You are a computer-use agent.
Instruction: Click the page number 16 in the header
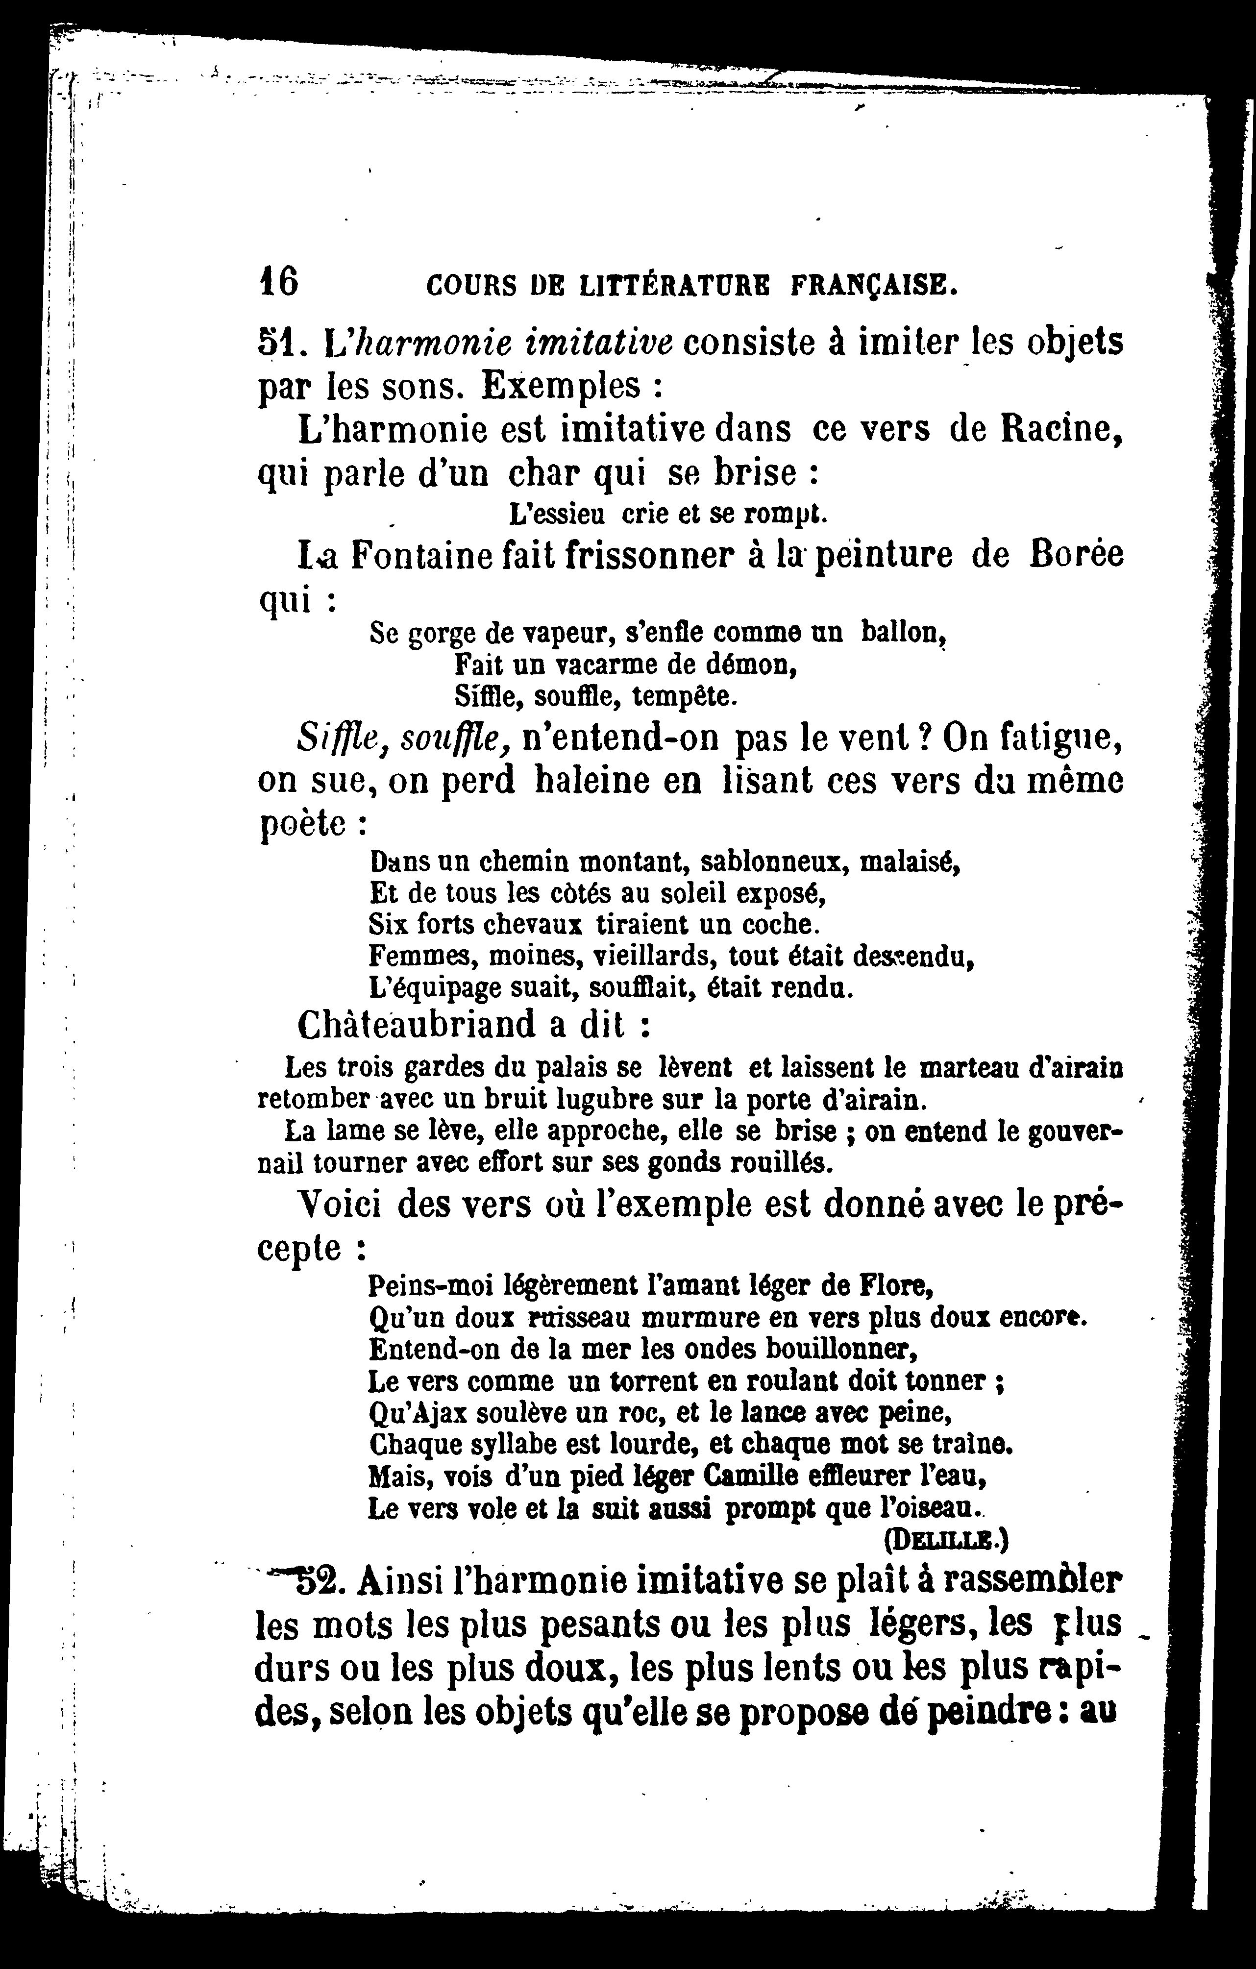pyautogui.click(x=278, y=281)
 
